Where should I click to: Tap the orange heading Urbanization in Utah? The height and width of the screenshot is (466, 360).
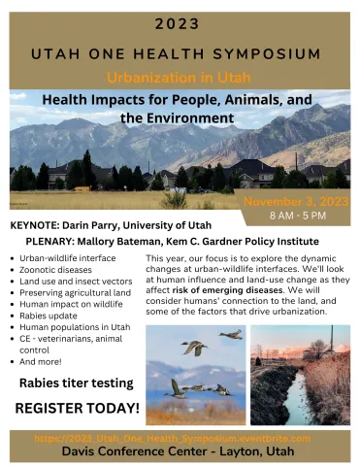[x=180, y=77]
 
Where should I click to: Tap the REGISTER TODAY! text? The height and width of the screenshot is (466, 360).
[x=78, y=408]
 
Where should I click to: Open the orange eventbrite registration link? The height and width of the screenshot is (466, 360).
[x=180, y=438]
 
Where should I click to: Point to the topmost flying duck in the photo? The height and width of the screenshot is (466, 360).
[x=232, y=335]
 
